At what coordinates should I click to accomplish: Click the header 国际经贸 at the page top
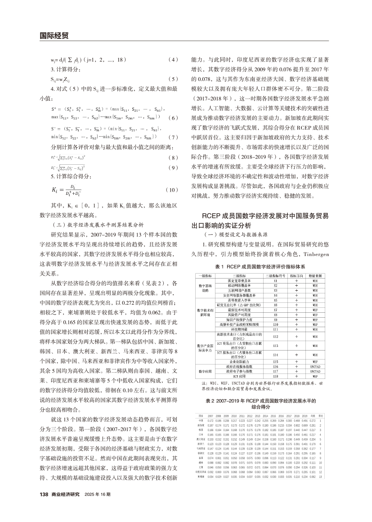pos(54,35)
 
